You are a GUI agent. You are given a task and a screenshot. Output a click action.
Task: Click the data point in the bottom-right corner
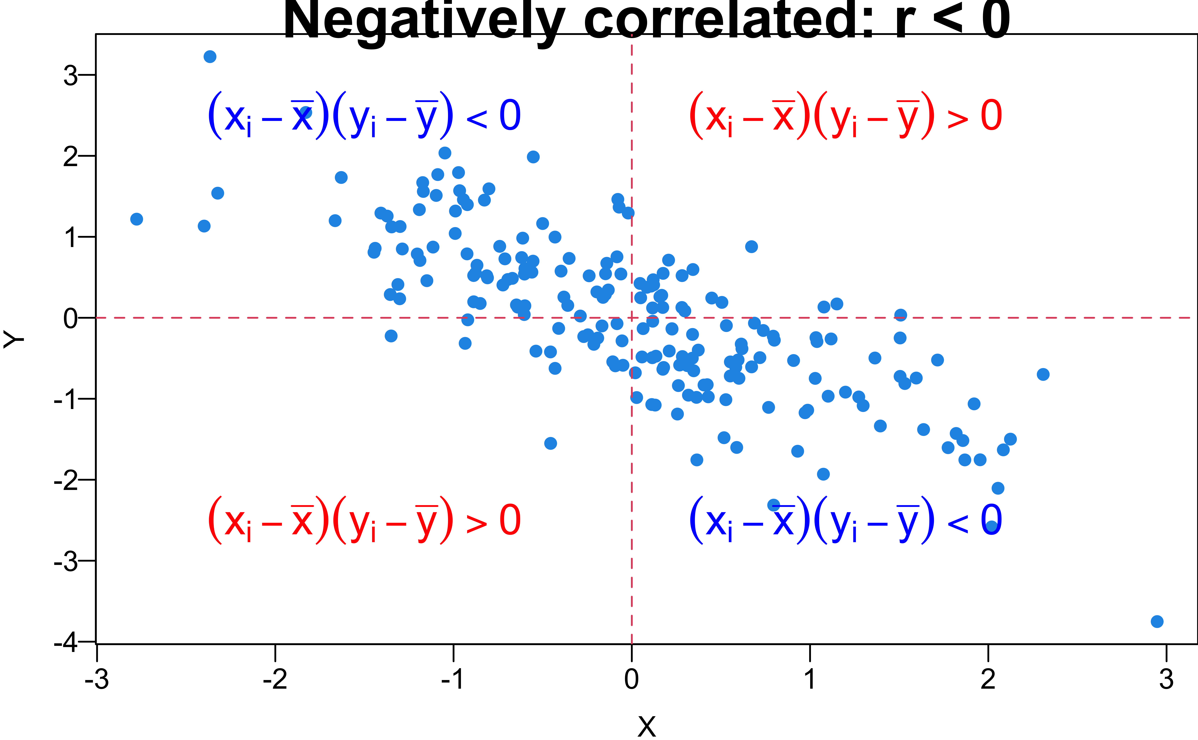pyautogui.click(x=1157, y=621)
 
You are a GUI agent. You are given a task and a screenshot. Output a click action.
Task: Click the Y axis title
pyautogui.click(x=14, y=339)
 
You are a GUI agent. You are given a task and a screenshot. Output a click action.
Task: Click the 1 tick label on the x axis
pyautogui.click(x=810, y=679)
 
